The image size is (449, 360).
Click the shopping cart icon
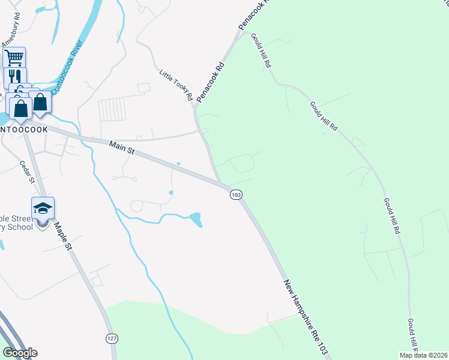coord(14,58)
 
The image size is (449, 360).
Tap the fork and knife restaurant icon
coord(15,77)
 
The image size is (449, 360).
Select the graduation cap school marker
coord(43,208)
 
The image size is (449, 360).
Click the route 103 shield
coord(236,195)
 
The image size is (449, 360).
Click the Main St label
coord(121,147)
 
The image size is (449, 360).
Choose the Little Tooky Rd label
coord(175,85)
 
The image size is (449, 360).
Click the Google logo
coord(20,353)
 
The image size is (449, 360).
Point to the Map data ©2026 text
coord(424,355)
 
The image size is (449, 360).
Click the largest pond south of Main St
coord(196,220)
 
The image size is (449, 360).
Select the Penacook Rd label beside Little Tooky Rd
coord(211,81)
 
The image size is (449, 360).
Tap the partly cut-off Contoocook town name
coord(23,129)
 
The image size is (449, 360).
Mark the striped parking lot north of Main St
coord(112,110)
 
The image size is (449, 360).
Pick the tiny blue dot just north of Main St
coord(178,163)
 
